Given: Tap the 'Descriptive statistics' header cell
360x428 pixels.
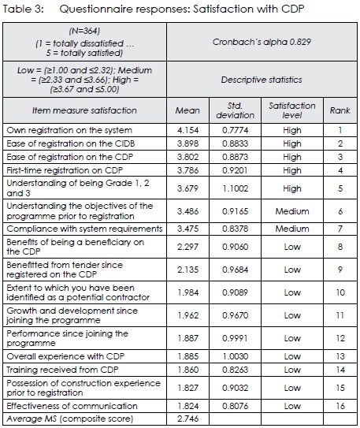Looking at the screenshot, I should pyautogui.click(x=257, y=80).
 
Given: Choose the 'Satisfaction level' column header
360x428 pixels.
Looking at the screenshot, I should pyautogui.click(x=292, y=111).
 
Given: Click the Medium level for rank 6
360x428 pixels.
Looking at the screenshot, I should pyautogui.click(x=292, y=212).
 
